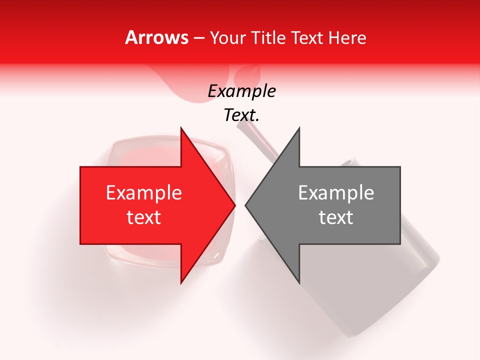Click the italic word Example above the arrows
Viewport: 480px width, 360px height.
pos(241,91)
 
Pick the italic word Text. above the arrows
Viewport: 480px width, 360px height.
pos(241,115)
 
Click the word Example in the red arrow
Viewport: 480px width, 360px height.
pos(144,193)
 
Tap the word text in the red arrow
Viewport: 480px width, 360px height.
pos(144,217)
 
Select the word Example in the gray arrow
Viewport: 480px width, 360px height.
pos(336,193)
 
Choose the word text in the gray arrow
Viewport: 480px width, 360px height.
pos(336,217)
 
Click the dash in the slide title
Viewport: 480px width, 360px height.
pos(198,38)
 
